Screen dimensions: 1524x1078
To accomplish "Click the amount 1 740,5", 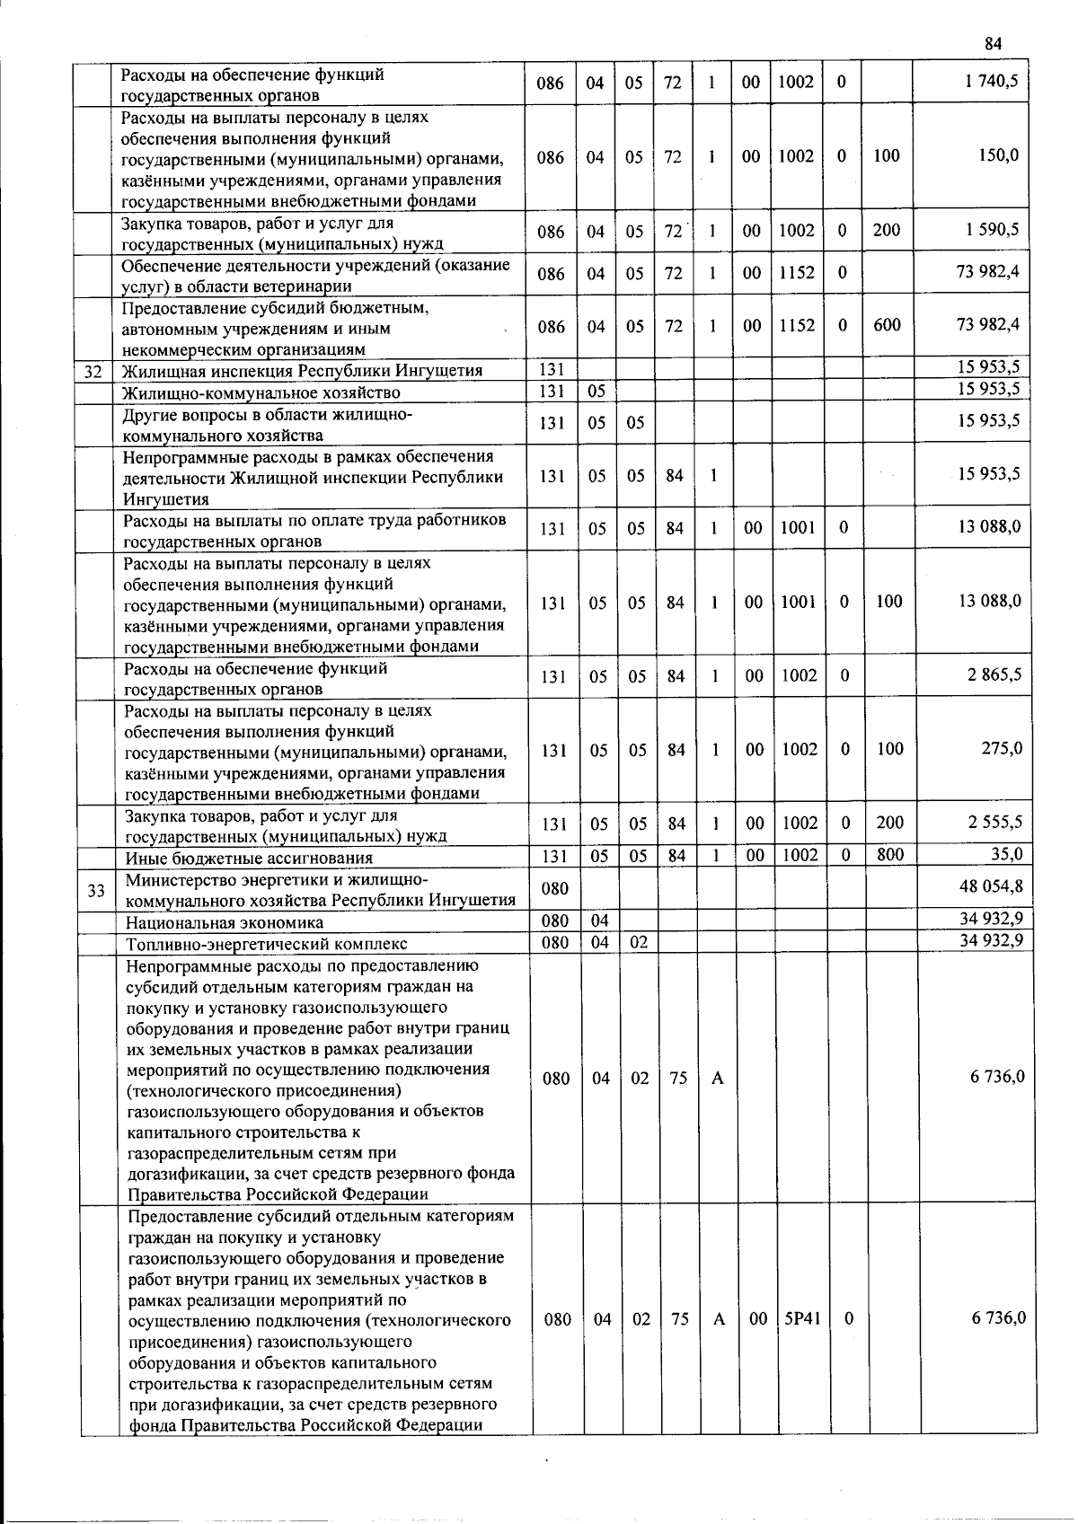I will pyautogui.click(x=991, y=82).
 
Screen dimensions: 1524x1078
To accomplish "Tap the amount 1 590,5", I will pyautogui.click(x=992, y=229).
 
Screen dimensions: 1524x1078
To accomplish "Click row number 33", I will pyautogui.click(x=97, y=889).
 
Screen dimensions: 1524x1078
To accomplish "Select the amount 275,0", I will pyautogui.click(x=1002, y=747).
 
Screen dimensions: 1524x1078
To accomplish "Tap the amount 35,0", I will pyautogui.click(x=1006, y=853).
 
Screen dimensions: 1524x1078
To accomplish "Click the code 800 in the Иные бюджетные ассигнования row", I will pyautogui.click(x=889, y=854).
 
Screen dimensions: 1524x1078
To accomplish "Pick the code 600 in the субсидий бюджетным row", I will pyautogui.click(x=887, y=325).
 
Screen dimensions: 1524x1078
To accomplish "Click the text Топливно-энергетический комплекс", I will pyautogui.click(x=266, y=943).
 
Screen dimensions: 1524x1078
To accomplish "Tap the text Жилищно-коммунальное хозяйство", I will pyautogui.click(x=261, y=392).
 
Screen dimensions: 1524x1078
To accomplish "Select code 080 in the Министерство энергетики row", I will pyautogui.click(x=555, y=888).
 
